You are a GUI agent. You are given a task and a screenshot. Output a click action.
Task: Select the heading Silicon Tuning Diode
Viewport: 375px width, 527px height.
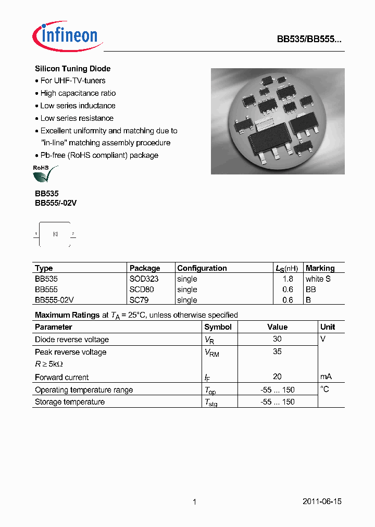[72, 69]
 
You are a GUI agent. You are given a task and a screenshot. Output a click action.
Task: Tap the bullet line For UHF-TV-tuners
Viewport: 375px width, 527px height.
[72, 81]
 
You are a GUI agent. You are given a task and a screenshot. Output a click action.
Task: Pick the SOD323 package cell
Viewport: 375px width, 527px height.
[144, 279]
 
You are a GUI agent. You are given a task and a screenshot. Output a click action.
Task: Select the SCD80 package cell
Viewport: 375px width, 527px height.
[142, 290]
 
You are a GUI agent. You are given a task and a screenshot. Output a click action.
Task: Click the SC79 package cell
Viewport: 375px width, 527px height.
[140, 300]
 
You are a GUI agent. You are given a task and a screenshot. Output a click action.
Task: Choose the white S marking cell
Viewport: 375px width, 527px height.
[318, 279]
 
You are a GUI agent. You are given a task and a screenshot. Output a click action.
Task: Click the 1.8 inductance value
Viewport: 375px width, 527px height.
[288, 279]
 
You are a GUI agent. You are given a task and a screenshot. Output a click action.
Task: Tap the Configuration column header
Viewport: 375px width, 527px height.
[202, 268]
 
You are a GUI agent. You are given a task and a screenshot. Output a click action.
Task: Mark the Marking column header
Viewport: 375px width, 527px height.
[320, 268]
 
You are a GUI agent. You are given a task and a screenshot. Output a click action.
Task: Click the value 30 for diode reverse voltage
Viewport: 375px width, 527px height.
[277, 339]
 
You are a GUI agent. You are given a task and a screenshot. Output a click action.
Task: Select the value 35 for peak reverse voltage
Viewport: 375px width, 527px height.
[277, 352]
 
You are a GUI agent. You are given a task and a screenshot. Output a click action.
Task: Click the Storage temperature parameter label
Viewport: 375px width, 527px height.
[70, 402]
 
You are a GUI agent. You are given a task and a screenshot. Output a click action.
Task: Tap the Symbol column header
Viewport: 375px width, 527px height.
[218, 327]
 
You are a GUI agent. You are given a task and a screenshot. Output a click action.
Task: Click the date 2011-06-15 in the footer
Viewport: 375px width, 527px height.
[322, 501]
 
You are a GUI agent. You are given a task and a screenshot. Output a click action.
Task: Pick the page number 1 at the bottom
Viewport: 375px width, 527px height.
[194, 502]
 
